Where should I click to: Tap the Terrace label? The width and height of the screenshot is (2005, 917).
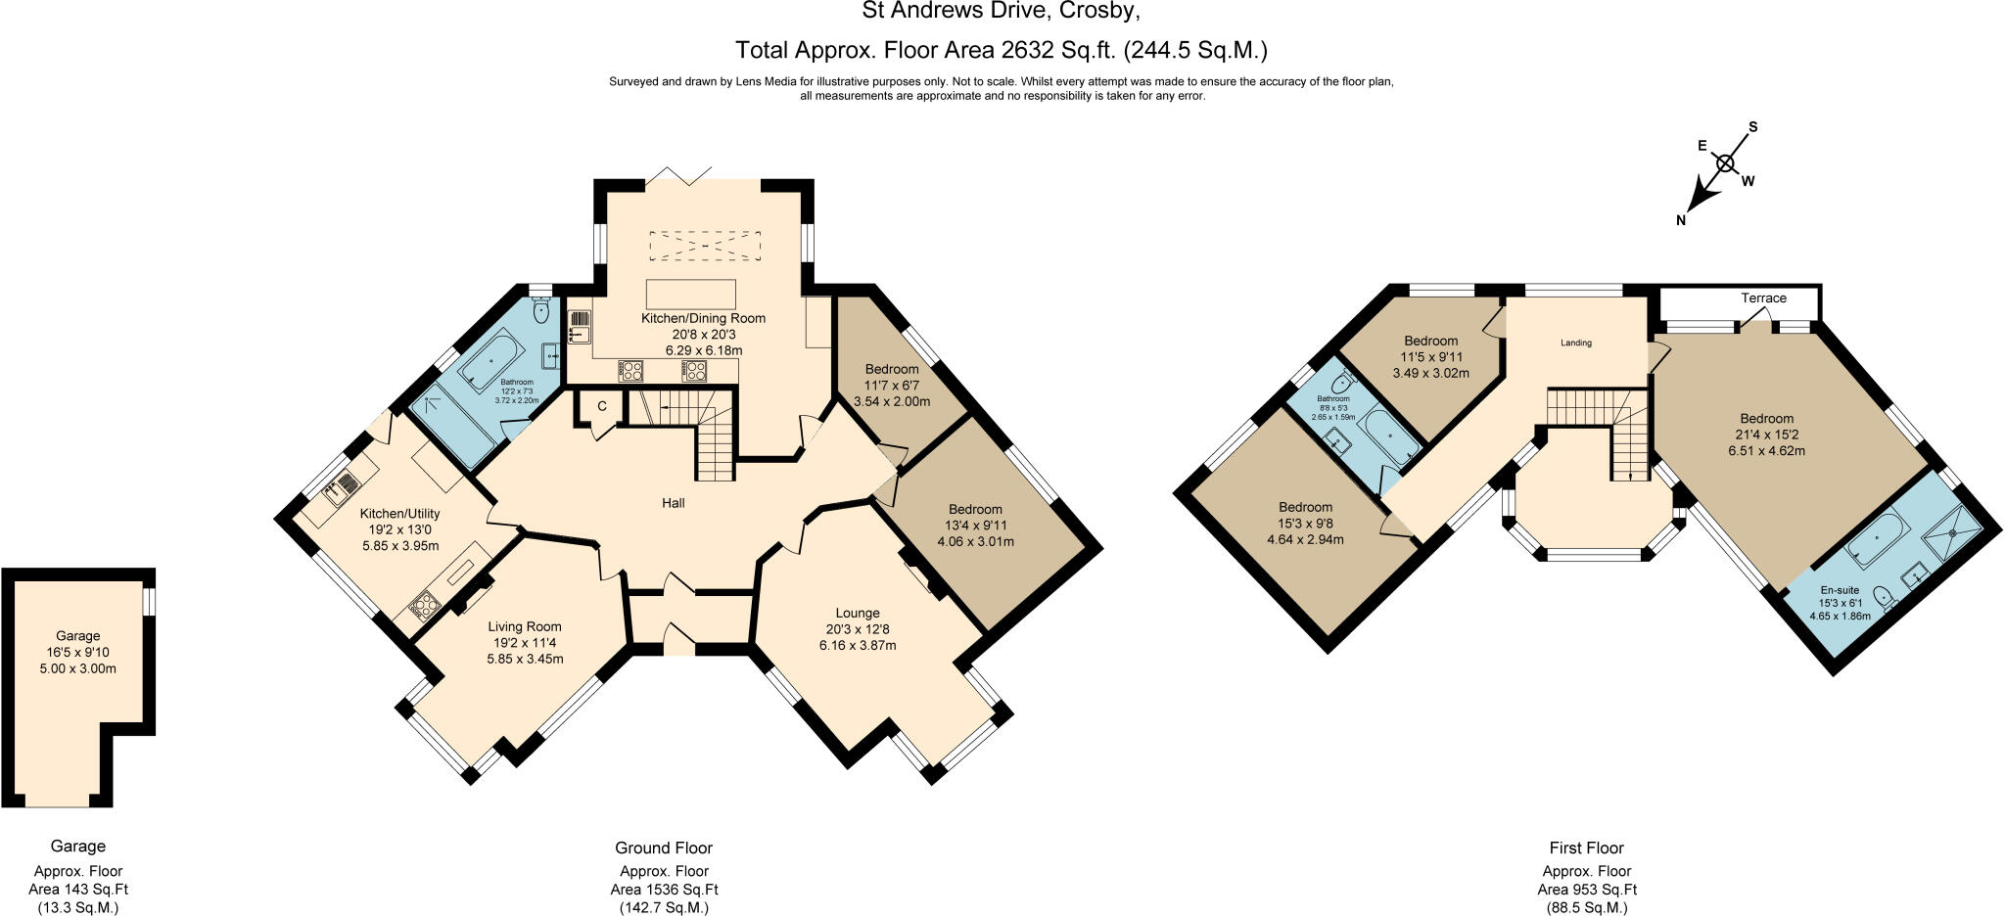pyautogui.click(x=1763, y=298)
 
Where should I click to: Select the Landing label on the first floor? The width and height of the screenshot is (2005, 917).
pyautogui.click(x=1576, y=344)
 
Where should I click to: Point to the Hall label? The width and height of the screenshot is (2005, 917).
pyautogui.click(x=673, y=503)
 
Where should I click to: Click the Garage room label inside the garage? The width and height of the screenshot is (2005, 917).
pyautogui.click(x=77, y=636)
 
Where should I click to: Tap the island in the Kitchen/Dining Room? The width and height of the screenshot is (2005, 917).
pyautogui.click(x=690, y=295)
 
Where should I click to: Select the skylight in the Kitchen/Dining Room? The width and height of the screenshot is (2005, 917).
pyautogui.click(x=705, y=246)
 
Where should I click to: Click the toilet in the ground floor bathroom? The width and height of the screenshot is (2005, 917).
pyautogui.click(x=541, y=310)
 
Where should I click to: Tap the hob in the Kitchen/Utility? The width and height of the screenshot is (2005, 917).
pyautogui.click(x=423, y=606)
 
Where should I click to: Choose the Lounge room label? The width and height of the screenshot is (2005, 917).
pyautogui.click(x=858, y=614)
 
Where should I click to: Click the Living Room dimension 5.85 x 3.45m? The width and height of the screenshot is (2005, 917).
pyautogui.click(x=525, y=659)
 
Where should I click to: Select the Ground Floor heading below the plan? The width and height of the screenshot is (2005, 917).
pyautogui.click(x=664, y=848)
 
